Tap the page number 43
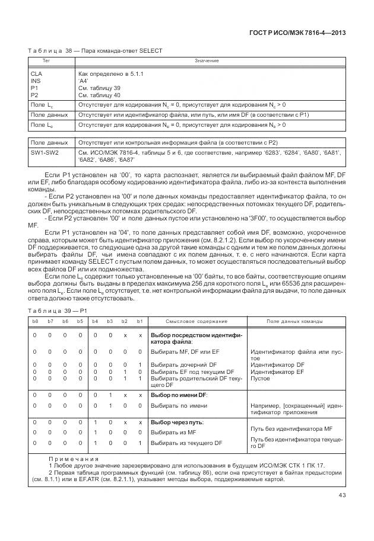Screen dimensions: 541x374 click(x=342, y=495)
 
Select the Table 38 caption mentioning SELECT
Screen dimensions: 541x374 click(x=95, y=51)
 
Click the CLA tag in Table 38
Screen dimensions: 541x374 click(x=36, y=73)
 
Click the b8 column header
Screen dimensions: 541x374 click(x=35, y=321)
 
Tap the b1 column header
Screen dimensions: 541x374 click(x=140, y=321)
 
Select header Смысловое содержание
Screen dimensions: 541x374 click(x=196, y=321)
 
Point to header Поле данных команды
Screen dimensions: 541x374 click(x=295, y=321)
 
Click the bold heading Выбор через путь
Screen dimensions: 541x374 click(x=178, y=422)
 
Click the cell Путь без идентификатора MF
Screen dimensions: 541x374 click(x=291, y=427)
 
